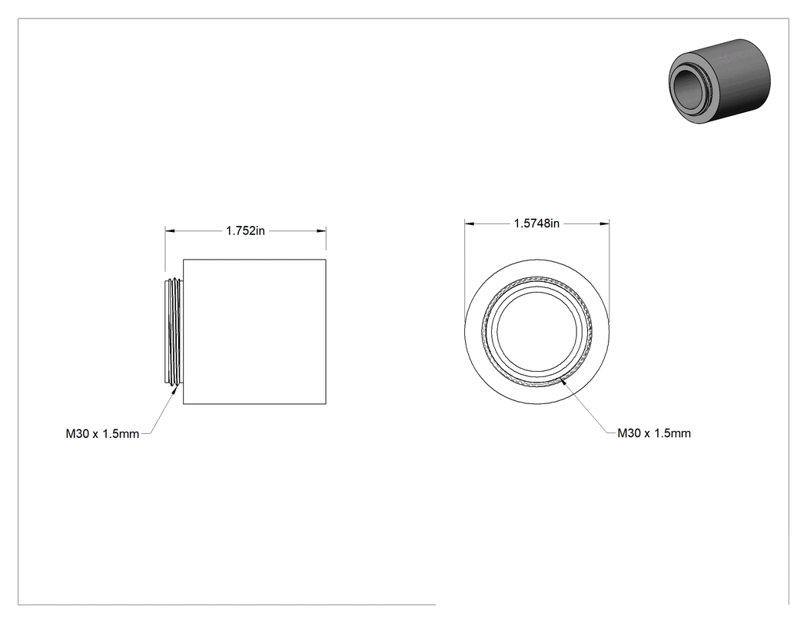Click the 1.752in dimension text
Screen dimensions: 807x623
click(x=245, y=231)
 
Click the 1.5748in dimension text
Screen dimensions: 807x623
click(x=536, y=224)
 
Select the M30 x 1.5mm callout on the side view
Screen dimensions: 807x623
click(x=102, y=434)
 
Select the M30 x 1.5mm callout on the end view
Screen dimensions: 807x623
click(x=654, y=433)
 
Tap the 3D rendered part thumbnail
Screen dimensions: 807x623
click(x=719, y=80)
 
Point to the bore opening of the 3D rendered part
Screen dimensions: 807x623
click(x=689, y=89)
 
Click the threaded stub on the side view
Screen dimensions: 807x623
click(x=174, y=331)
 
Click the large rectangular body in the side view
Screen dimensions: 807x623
click(x=254, y=332)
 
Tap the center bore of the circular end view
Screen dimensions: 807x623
click(x=537, y=332)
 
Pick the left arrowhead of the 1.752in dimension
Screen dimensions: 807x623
click(x=169, y=231)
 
